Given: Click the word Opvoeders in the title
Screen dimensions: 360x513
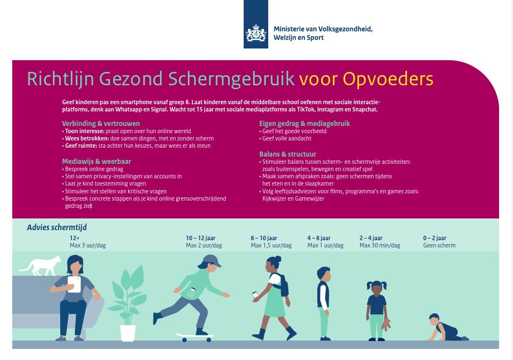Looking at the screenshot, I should point(388,79).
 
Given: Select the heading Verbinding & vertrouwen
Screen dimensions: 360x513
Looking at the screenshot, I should point(101,123).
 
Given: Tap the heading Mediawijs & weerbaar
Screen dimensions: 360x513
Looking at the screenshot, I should point(96,161).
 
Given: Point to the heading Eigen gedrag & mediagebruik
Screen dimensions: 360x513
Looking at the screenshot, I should point(304,123).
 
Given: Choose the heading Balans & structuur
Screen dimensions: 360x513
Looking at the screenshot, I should point(288,154).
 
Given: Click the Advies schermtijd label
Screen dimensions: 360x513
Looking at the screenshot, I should point(57,227).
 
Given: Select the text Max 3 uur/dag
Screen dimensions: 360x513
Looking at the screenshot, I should point(88,245).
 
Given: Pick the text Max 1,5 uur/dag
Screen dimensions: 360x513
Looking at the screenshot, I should point(271,245).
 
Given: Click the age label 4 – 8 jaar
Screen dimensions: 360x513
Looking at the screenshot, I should point(319,238).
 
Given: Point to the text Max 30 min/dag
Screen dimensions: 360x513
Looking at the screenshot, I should point(380,245).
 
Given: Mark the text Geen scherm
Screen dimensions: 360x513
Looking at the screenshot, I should point(439,245).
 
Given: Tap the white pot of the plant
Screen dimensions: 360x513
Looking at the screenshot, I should point(128,333).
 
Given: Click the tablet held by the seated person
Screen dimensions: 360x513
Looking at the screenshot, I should point(74,284).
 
